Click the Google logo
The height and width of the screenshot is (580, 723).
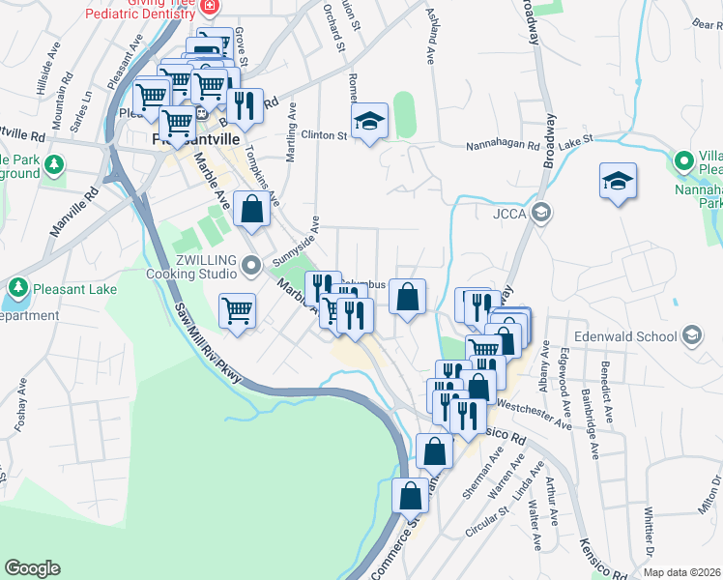tap(33, 568)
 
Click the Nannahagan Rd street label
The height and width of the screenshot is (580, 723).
tap(503, 144)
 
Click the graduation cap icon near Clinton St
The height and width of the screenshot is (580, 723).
tap(368, 123)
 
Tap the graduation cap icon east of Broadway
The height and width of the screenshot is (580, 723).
tap(618, 182)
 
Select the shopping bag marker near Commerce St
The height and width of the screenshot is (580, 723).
tap(411, 497)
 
